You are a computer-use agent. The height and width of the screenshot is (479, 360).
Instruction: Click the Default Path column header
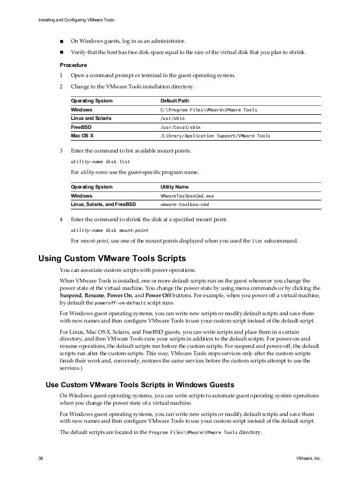point(175,101)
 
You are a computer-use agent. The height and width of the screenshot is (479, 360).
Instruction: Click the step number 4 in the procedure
point(61,218)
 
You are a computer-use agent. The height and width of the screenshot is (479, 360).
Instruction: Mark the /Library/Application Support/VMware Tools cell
point(215,136)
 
